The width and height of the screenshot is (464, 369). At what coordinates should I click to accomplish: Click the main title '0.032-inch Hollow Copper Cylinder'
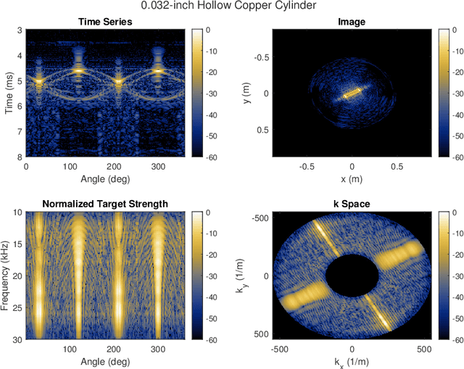[x=231, y=7]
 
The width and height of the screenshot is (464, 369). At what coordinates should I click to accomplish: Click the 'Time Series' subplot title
[x=105, y=22]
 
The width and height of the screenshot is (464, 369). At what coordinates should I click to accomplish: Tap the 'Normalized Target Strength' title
[x=105, y=204]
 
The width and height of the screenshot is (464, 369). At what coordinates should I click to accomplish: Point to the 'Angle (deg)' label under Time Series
[x=105, y=178]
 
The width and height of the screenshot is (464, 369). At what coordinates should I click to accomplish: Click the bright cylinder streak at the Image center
[x=352, y=94]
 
